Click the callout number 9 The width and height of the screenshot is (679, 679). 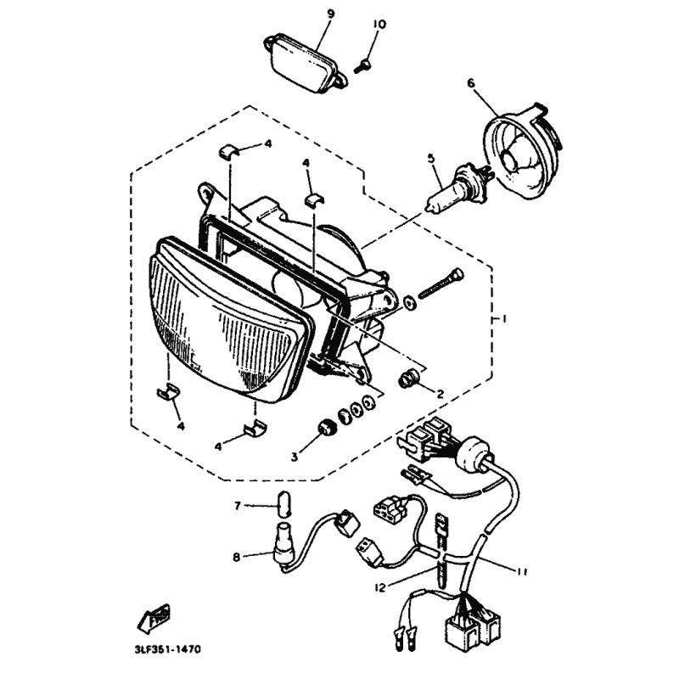[x=331, y=14]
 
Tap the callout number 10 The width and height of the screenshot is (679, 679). [x=379, y=25]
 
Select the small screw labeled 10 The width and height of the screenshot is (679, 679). [x=362, y=67]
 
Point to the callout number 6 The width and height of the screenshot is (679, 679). [x=471, y=82]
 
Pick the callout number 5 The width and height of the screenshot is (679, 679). [x=431, y=159]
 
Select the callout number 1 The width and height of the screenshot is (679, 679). [x=503, y=319]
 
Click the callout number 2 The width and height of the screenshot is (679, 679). [x=440, y=394]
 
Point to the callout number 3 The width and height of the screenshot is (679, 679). [x=295, y=457]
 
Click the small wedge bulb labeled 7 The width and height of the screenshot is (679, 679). [x=282, y=504]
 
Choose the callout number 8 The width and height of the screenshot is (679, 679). [x=237, y=557]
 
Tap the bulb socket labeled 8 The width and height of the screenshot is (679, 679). [x=283, y=546]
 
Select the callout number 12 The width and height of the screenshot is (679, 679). [x=379, y=588]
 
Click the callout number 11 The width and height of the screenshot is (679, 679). [x=521, y=572]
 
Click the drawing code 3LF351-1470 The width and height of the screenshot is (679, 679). [x=166, y=649]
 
